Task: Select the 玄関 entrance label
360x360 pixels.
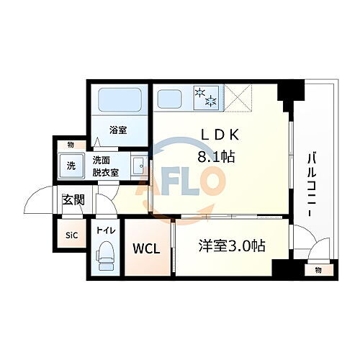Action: [x=73, y=200]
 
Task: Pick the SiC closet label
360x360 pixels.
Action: [x=72, y=235]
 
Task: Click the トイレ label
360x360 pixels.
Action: [x=107, y=233]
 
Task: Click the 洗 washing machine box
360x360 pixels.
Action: [x=71, y=166]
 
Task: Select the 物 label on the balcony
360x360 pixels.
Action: [x=317, y=270]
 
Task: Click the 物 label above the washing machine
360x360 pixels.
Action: [x=70, y=145]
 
